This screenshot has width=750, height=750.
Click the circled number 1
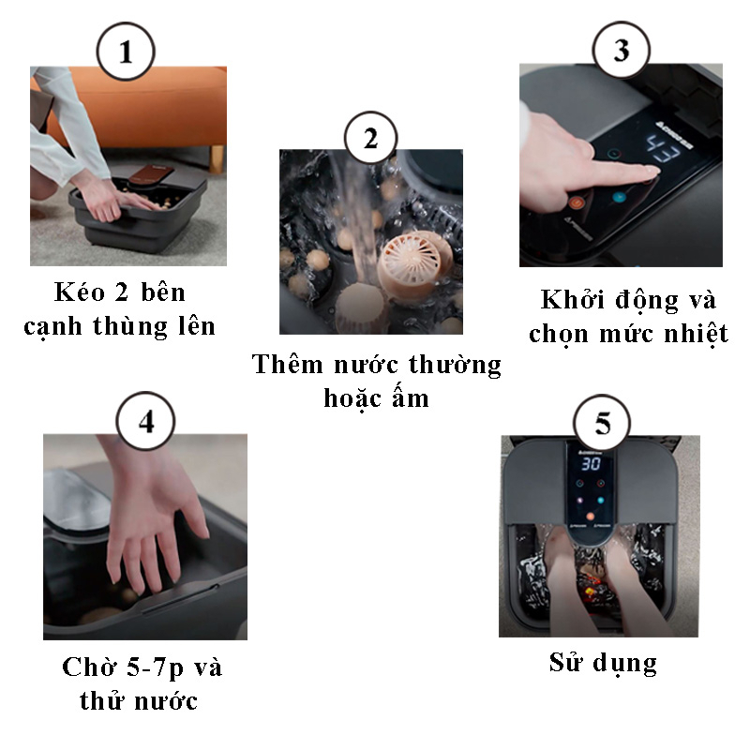tap(127, 52)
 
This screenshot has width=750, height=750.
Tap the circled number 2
tap(370, 139)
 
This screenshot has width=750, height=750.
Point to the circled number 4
tap(146, 422)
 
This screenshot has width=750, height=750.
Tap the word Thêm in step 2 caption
tap(286, 364)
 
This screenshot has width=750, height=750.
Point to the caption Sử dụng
tap(603, 663)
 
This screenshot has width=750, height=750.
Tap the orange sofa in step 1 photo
tap(141, 103)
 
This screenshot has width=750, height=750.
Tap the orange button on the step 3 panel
tap(576, 201)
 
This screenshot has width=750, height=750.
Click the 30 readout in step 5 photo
tap(590, 463)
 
